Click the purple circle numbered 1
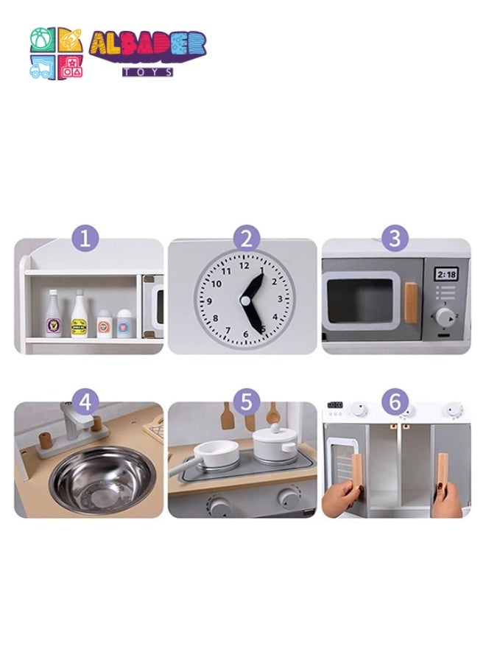coord(85,239)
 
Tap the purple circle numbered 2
coord(247,239)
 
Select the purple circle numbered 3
coord(396,239)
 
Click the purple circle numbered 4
coord(85,402)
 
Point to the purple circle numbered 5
coord(247,402)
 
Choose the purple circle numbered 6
coord(396,402)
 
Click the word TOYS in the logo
coord(148,72)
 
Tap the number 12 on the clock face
coord(244,267)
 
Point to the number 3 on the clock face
coord(280,299)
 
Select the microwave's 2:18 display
coord(446,274)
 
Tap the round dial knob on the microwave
coord(445,317)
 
